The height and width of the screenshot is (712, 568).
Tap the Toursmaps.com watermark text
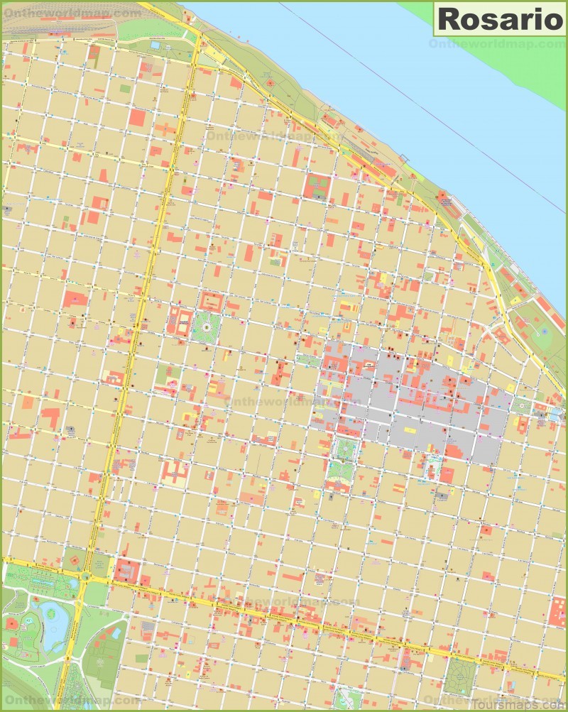click(522, 701)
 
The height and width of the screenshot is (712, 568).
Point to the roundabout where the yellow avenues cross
click(86, 577)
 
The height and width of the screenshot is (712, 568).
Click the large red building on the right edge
click(558, 611)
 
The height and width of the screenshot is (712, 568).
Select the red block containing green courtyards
click(317, 186)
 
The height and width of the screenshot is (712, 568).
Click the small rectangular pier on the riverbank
click(404, 159)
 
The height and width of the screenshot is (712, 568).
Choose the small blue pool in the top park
click(155, 45)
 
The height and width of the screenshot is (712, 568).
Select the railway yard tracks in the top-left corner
click(57, 28)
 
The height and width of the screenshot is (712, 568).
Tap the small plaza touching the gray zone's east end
click(523, 405)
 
